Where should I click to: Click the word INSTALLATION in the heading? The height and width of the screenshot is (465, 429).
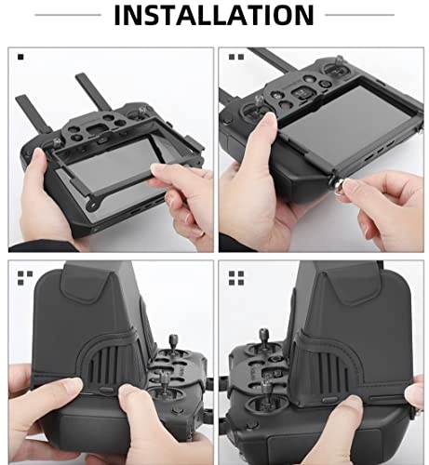tap(214, 15)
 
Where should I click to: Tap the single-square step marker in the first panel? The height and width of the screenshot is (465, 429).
tap(18, 58)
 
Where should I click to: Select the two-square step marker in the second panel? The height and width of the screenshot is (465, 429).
tap(232, 58)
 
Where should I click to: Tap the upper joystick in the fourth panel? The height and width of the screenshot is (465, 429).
tap(279, 345)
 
